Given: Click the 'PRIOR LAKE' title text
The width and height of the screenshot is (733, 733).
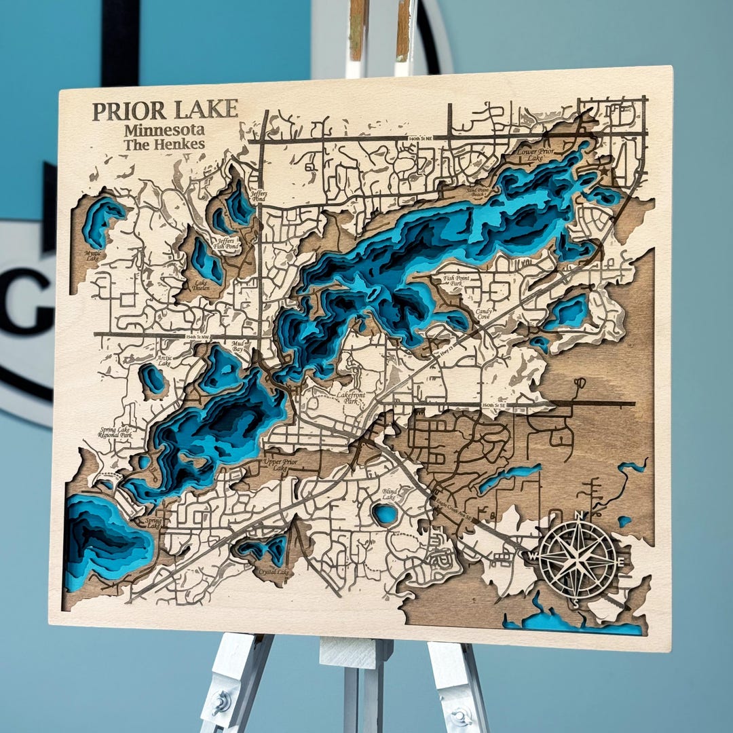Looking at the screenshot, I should point(165,110).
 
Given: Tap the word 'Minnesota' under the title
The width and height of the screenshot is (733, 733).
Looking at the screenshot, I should point(164,130).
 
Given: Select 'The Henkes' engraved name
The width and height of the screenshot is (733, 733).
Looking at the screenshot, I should point(164,144).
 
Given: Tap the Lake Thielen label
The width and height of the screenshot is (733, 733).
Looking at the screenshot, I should point(201,286).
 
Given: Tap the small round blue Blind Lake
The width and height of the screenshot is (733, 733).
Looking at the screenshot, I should point(386,514).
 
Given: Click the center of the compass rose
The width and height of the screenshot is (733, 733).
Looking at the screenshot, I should point(578,559).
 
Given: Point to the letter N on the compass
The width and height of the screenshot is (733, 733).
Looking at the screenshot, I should point(578,516).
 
